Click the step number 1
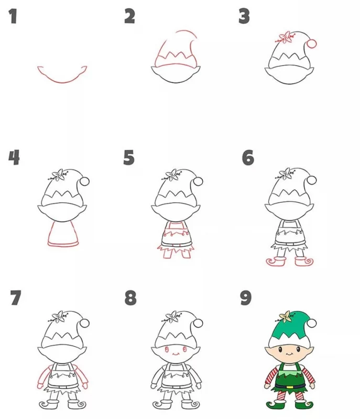(13, 16)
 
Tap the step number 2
(130, 16)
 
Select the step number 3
(244, 16)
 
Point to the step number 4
(14, 158)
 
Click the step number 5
(129, 158)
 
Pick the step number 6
(248, 158)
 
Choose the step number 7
(16, 297)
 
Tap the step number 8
(130, 297)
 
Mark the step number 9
(246, 297)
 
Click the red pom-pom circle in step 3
(312, 43)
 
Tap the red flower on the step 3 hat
(286, 37)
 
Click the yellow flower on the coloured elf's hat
(286, 316)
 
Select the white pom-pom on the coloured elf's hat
(312, 323)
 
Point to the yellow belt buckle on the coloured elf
(289, 387)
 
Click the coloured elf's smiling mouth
(289, 354)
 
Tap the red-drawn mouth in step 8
(176, 354)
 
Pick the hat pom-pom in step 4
(85, 181)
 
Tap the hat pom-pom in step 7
(85, 323)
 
